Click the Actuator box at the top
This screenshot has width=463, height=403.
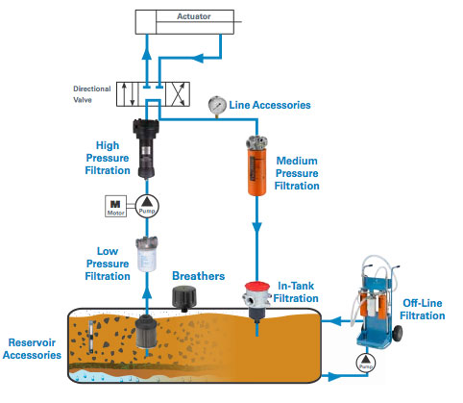click(184, 22)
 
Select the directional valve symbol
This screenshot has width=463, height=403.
click(153, 94)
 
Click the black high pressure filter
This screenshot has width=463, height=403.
click(146, 148)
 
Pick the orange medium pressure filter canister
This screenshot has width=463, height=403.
click(256, 166)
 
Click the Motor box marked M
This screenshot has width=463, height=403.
click(115, 206)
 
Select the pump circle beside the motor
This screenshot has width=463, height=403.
click(147, 206)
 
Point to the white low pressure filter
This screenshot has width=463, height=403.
click(147, 254)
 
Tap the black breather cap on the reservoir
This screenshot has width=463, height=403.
click(184, 299)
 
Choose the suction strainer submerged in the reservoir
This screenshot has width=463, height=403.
click(146, 333)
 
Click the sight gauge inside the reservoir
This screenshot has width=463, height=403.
click(91, 337)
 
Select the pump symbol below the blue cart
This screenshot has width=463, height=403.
click(366, 363)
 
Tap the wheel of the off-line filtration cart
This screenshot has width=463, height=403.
click(397, 334)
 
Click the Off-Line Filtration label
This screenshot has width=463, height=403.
click(423, 310)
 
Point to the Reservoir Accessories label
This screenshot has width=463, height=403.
click(32, 349)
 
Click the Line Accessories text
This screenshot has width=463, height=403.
click(270, 105)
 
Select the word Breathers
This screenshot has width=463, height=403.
click(199, 276)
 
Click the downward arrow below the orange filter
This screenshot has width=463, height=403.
click(256, 228)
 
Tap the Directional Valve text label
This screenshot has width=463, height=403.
click(92, 94)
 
